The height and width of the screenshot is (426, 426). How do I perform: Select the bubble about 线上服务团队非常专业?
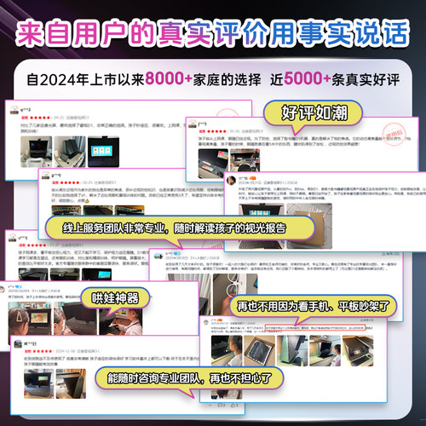(175, 232)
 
